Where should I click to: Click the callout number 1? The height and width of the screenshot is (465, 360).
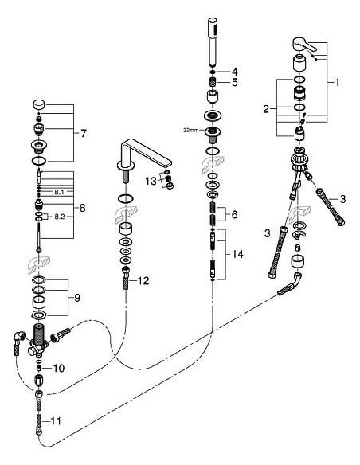tap(337, 82)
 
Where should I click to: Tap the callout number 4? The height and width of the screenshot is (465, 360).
tap(234, 72)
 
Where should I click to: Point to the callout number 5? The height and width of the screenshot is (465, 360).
tap(234, 82)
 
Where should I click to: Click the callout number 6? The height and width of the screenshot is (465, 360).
tap(234, 215)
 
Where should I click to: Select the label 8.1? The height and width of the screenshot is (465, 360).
tap(57, 192)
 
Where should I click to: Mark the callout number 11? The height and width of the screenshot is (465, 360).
tap(56, 420)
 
